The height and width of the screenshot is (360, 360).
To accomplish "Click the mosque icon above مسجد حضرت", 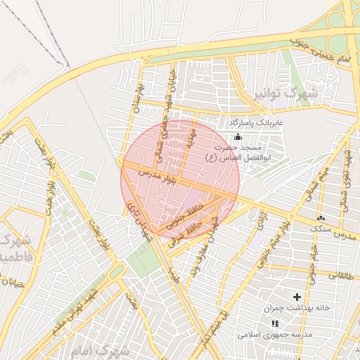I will [237, 136].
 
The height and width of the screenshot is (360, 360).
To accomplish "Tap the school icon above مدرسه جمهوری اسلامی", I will [275, 323].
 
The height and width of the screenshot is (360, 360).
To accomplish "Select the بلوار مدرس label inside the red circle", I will [155, 173].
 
